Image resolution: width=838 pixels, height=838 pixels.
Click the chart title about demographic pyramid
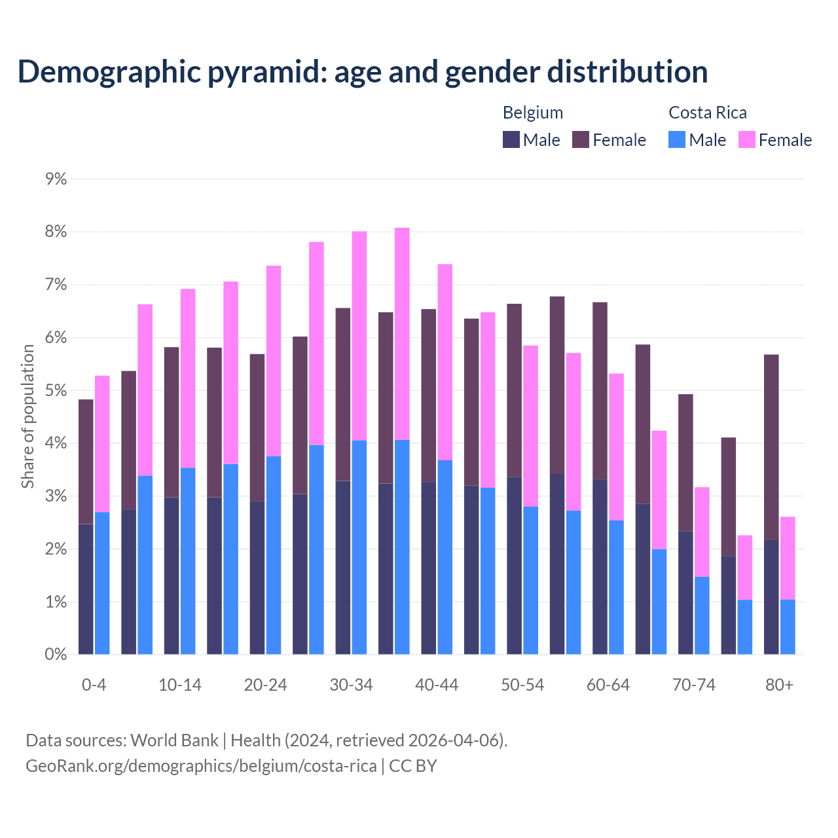362,71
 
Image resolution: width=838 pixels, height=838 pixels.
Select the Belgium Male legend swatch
511,139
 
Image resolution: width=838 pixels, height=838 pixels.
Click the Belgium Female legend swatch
581,139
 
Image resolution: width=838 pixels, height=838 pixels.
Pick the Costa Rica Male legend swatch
677,139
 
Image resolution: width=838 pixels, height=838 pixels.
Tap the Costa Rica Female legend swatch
747,139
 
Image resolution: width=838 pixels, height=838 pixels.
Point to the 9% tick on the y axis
56,179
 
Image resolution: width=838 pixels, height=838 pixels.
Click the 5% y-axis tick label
56,391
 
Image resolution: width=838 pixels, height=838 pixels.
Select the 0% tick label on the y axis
56,655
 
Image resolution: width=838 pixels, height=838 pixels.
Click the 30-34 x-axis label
352,685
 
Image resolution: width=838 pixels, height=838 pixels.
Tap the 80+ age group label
779,685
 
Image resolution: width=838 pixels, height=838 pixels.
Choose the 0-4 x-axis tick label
94,685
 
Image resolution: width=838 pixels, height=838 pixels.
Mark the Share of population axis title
28,416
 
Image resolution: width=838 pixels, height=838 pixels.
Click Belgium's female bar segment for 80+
771,447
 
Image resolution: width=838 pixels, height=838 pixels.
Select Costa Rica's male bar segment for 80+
788,627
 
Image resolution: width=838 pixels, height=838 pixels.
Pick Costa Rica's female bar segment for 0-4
102,444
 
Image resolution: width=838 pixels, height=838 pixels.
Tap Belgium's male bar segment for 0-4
86,589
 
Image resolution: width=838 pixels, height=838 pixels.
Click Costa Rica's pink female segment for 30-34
359,336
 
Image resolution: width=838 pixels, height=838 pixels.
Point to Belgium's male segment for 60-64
600,567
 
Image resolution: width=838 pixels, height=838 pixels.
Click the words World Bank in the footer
175,740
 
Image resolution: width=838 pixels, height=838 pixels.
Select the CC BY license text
413,766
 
